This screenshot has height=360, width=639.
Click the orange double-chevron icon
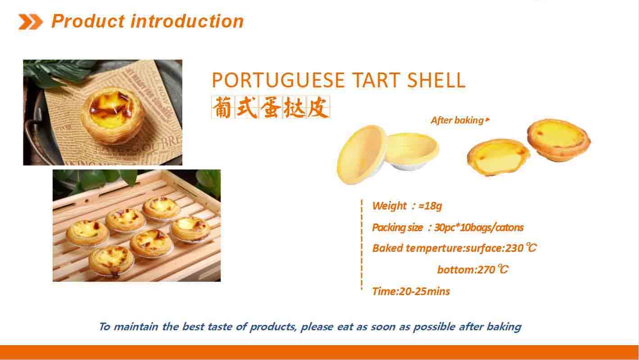(x=31, y=22)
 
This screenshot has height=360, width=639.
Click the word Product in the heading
(x=88, y=22)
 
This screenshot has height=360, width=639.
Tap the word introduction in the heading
(x=187, y=22)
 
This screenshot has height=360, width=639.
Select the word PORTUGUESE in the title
(x=278, y=80)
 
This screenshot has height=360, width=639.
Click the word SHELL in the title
(x=436, y=80)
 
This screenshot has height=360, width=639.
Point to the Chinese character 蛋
(x=270, y=107)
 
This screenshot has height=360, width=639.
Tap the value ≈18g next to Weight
(x=430, y=206)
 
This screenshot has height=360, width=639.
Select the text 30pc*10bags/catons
(x=479, y=228)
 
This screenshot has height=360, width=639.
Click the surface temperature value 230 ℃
(x=521, y=248)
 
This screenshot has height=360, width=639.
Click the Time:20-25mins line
(x=411, y=291)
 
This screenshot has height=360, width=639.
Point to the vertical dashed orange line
(x=362, y=244)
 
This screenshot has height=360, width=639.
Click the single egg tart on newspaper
(x=112, y=115)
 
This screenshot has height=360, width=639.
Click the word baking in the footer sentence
(x=504, y=327)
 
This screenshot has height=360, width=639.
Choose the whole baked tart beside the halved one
(x=558, y=140)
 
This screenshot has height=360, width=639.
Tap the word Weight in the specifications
(x=389, y=206)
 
